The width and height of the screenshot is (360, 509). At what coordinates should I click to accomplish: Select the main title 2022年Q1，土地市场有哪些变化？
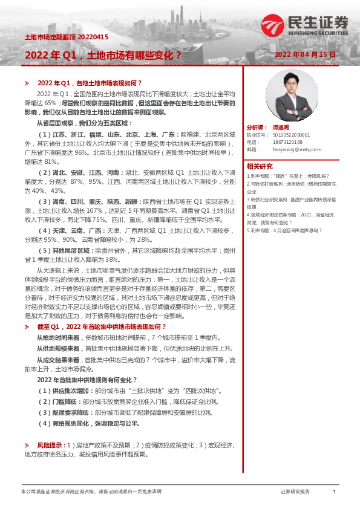(103, 55)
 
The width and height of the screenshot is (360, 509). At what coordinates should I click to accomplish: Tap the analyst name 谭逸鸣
(279, 128)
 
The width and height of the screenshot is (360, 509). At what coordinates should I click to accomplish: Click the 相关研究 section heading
(259, 166)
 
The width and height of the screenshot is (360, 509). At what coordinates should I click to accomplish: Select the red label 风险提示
(50, 461)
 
